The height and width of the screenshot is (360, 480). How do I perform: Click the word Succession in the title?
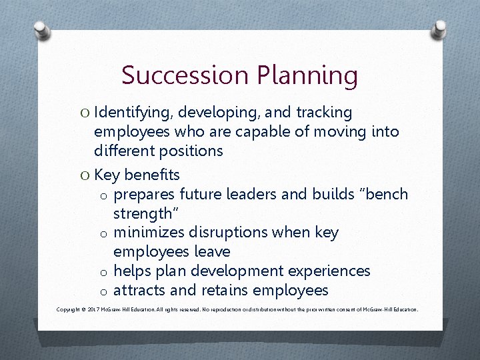tap(175, 75)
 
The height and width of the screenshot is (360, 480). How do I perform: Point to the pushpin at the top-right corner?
tap(439, 28)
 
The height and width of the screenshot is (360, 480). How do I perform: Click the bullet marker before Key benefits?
tap(85, 175)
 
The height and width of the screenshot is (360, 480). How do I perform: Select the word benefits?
tap(152, 175)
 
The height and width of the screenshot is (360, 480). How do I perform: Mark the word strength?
tap(142, 214)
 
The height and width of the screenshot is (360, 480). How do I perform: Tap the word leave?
tap(214, 252)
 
